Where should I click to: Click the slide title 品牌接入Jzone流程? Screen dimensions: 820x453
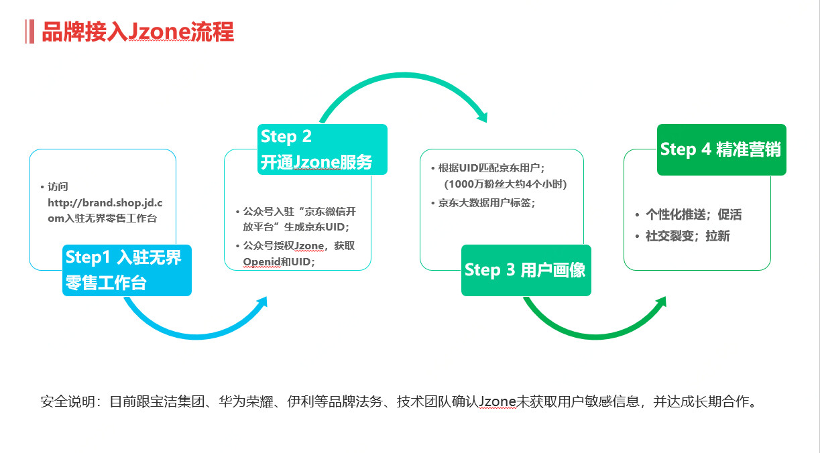(x=137, y=32)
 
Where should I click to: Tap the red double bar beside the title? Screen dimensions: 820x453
(x=30, y=32)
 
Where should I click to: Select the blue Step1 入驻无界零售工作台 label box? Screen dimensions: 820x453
(x=127, y=271)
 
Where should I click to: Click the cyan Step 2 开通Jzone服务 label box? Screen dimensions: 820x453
(x=322, y=149)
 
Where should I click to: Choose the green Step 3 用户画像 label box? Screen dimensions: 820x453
(x=526, y=271)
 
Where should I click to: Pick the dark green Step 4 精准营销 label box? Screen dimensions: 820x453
(x=721, y=149)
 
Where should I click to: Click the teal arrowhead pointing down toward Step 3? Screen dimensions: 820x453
(x=483, y=117)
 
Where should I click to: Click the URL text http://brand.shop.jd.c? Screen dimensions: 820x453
(x=105, y=203)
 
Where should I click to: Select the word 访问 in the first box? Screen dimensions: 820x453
(x=58, y=187)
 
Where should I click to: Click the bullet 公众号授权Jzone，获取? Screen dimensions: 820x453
(x=299, y=246)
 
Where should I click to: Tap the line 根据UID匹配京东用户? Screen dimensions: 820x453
(x=491, y=168)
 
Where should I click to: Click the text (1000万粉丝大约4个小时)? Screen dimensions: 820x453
(x=505, y=184)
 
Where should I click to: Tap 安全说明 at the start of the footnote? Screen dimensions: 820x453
(x=68, y=402)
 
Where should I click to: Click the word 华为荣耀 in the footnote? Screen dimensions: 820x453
(x=246, y=402)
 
